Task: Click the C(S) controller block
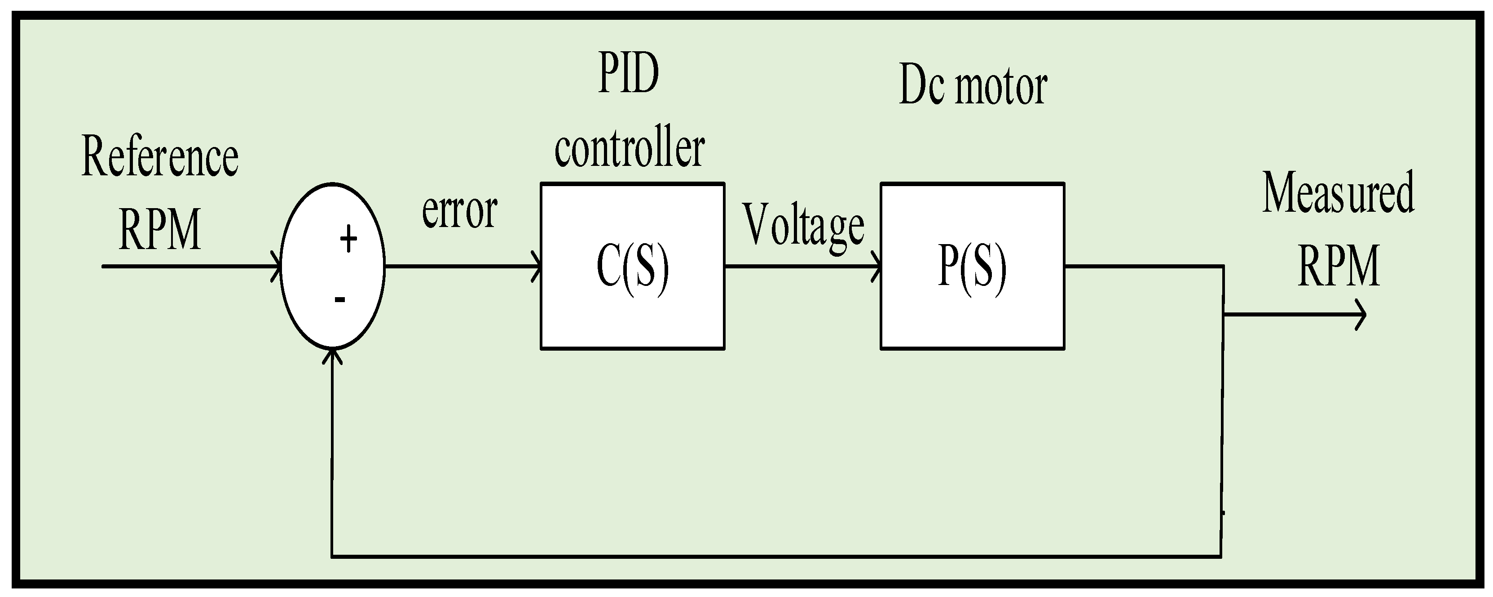point(632,266)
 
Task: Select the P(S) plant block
point(972,266)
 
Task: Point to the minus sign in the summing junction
point(340,299)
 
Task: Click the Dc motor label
point(973,86)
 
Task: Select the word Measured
point(1338,193)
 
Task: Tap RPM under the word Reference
point(160,230)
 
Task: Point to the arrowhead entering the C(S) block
point(537,266)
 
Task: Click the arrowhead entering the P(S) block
point(876,266)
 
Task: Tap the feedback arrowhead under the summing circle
point(332,355)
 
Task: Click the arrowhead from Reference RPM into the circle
point(277,266)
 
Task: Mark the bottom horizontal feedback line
point(777,557)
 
